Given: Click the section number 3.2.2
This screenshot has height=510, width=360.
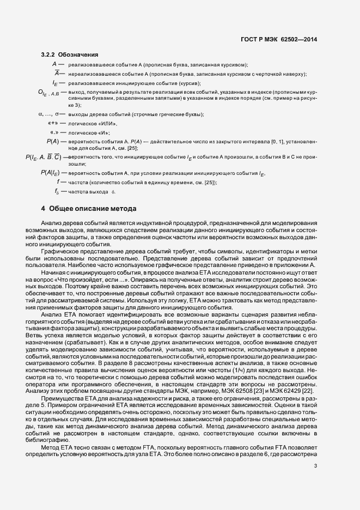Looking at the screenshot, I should [x=49, y=54].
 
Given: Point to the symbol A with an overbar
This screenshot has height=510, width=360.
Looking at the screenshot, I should [x=56, y=74].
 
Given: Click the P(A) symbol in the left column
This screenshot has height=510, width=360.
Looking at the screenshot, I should [x=53, y=142].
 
